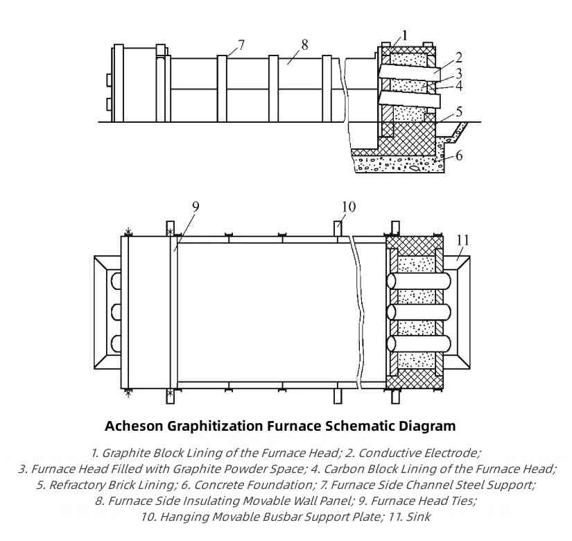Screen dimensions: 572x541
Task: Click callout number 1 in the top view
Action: tap(404, 35)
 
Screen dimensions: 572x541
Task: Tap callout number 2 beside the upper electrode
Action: tap(458, 58)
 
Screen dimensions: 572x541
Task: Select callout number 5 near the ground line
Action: tap(459, 112)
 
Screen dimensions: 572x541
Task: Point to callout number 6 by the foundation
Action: tap(459, 155)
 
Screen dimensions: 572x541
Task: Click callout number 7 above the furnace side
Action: tap(241, 45)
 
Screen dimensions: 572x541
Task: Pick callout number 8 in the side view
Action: tap(304, 45)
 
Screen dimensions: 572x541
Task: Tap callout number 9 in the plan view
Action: tap(196, 207)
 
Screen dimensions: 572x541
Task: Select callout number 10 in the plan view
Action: tap(348, 207)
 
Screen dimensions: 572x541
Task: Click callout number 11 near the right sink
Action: tap(462, 240)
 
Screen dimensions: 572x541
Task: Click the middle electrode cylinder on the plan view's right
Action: tap(419, 313)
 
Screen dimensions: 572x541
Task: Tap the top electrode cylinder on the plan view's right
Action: tap(419, 281)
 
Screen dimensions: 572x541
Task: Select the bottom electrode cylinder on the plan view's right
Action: tap(419, 344)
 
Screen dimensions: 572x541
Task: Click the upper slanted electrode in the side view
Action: tap(408, 72)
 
